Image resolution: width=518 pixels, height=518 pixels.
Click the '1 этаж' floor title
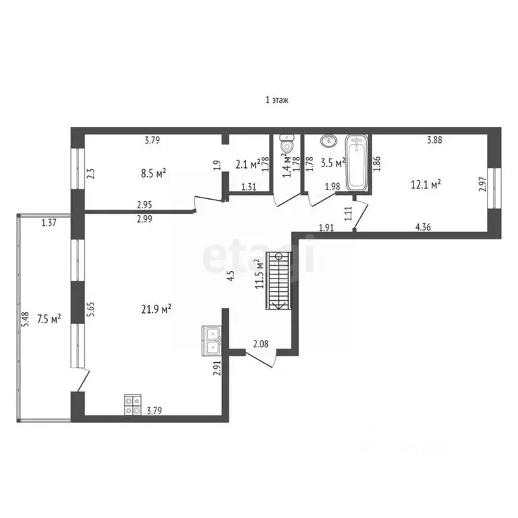coord(277,100)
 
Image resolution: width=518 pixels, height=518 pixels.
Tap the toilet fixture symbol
coord(287,145)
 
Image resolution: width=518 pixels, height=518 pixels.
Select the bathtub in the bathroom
coord(357,163)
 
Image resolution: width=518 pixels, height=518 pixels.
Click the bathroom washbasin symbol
coord(329,141)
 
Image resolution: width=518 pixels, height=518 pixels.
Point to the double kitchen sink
coord(212,340)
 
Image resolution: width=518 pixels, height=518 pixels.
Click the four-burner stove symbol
coord(132,403)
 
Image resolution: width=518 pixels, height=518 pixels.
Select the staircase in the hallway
coord(281,279)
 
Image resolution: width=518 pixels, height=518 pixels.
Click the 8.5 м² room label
coord(153,173)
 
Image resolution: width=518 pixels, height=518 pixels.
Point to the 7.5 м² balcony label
coord(49,318)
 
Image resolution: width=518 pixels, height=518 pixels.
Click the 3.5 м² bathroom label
coord(333,163)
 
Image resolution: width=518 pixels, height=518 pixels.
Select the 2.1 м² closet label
coord(248,164)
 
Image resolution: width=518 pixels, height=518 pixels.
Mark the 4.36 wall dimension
coord(423,227)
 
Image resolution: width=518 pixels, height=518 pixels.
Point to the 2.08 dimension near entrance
coord(261,345)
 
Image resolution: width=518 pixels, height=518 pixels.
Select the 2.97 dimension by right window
coord(482,185)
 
